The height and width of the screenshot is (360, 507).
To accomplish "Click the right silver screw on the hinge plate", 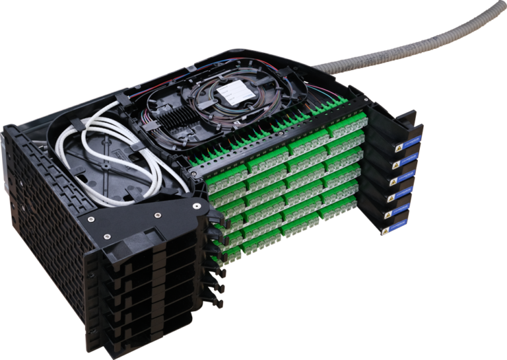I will [x=158, y=213].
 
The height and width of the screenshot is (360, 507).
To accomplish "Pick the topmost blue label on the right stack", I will [x=405, y=144].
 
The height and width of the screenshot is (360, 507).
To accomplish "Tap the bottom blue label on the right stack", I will [x=394, y=229].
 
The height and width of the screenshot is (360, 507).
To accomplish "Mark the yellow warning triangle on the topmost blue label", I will [x=396, y=147].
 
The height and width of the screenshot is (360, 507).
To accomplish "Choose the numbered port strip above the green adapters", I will [x=277, y=132].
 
